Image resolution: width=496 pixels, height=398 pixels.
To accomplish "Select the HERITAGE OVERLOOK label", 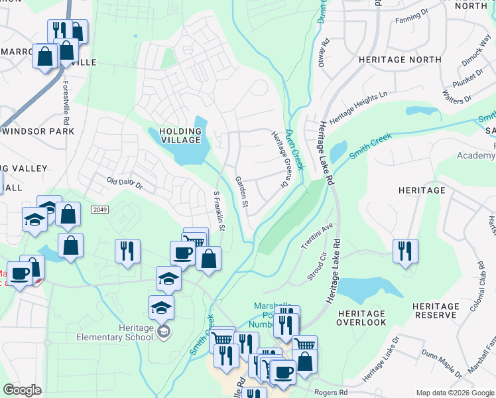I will pyautogui.click(x=361, y=318).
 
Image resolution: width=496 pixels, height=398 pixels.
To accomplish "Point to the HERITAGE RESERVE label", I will pyautogui.click(x=435, y=311).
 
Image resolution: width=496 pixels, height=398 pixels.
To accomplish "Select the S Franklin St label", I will pyautogui.click(x=218, y=211).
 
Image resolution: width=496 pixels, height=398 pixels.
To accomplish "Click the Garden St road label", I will pyautogui.click(x=241, y=192).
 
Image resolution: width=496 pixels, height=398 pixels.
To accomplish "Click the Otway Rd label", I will pyautogui.click(x=325, y=51).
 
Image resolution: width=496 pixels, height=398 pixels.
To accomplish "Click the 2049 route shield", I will pyautogui.click(x=100, y=210).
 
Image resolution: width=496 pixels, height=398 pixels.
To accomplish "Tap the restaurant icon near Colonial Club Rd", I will pyautogui.click(x=405, y=251).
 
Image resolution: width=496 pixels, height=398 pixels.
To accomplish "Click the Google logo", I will pyautogui.click(x=23, y=390).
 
